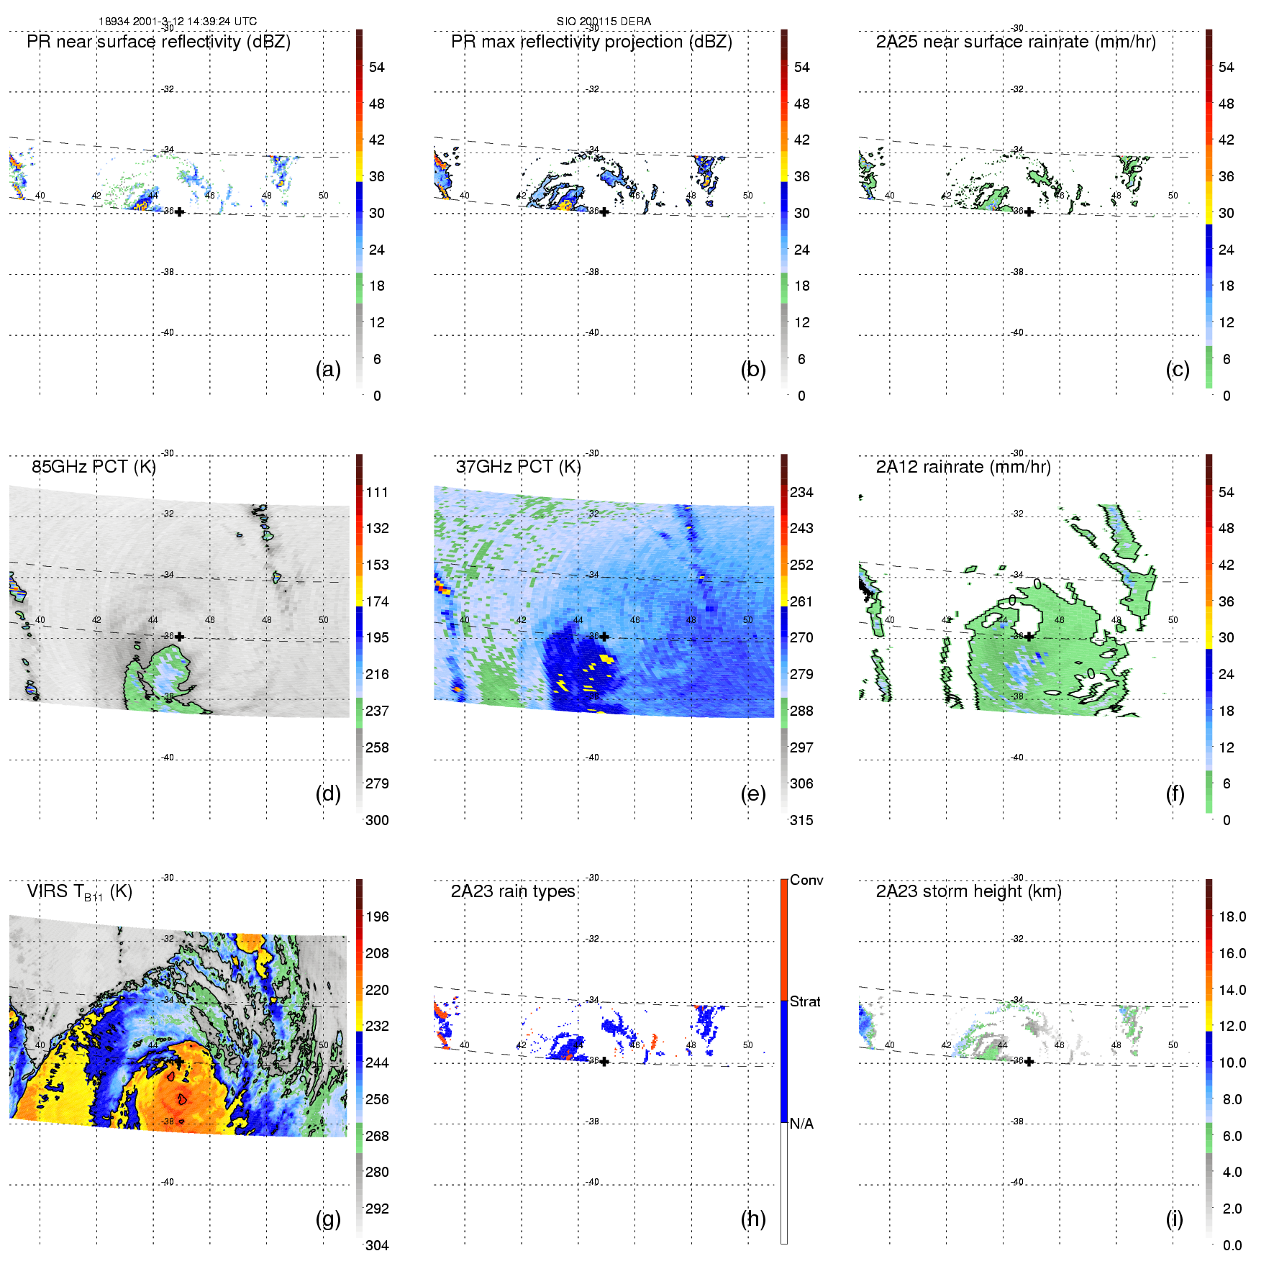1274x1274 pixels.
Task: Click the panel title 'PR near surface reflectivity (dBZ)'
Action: point(158,42)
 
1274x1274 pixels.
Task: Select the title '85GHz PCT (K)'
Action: point(94,467)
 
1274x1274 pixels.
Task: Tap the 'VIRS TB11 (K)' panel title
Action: point(79,892)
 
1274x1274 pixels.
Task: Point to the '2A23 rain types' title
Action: point(513,892)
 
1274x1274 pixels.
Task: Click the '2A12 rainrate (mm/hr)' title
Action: point(963,467)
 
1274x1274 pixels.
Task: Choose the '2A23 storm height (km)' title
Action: point(968,892)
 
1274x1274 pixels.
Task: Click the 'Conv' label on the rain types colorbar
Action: point(806,881)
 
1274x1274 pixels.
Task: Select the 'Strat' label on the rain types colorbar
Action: point(805,1002)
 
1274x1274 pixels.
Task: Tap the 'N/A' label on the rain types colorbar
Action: point(801,1124)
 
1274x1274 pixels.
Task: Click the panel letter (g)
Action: point(328,1219)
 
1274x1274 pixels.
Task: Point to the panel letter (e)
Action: point(753,793)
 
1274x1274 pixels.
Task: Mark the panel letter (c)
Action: point(1178,369)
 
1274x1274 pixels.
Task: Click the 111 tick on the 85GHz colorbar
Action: point(377,493)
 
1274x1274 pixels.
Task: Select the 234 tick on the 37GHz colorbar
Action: point(801,493)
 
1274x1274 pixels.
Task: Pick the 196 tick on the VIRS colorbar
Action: point(377,917)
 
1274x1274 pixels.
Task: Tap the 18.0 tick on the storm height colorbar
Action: point(1232,917)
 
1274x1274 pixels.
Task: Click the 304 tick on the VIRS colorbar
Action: point(377,1245)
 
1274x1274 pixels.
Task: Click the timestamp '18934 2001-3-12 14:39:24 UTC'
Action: point(178,22)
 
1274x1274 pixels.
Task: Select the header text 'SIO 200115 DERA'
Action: point(604,22)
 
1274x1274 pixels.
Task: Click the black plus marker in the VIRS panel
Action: point(179,1062)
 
